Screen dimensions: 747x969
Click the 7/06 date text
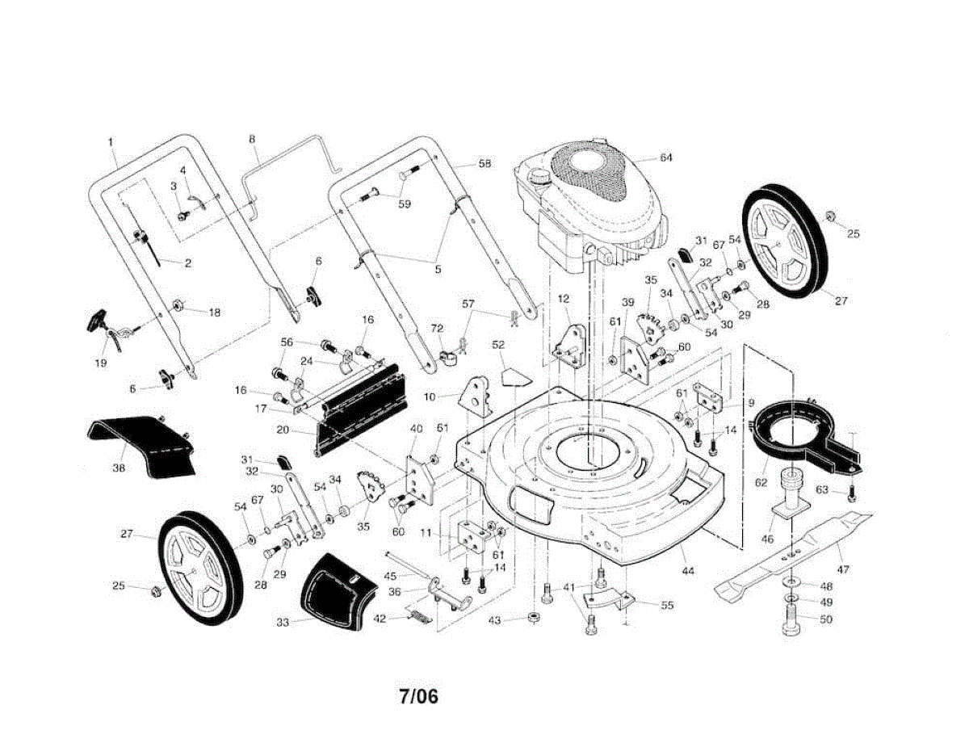pos(417,695)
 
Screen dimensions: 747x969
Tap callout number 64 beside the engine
pos(665,157)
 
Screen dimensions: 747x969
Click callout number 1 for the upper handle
pos(111,143)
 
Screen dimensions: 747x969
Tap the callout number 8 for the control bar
pos(252,140)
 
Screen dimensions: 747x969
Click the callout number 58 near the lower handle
pos(484,164)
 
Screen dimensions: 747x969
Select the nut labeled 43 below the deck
pos(534,619)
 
